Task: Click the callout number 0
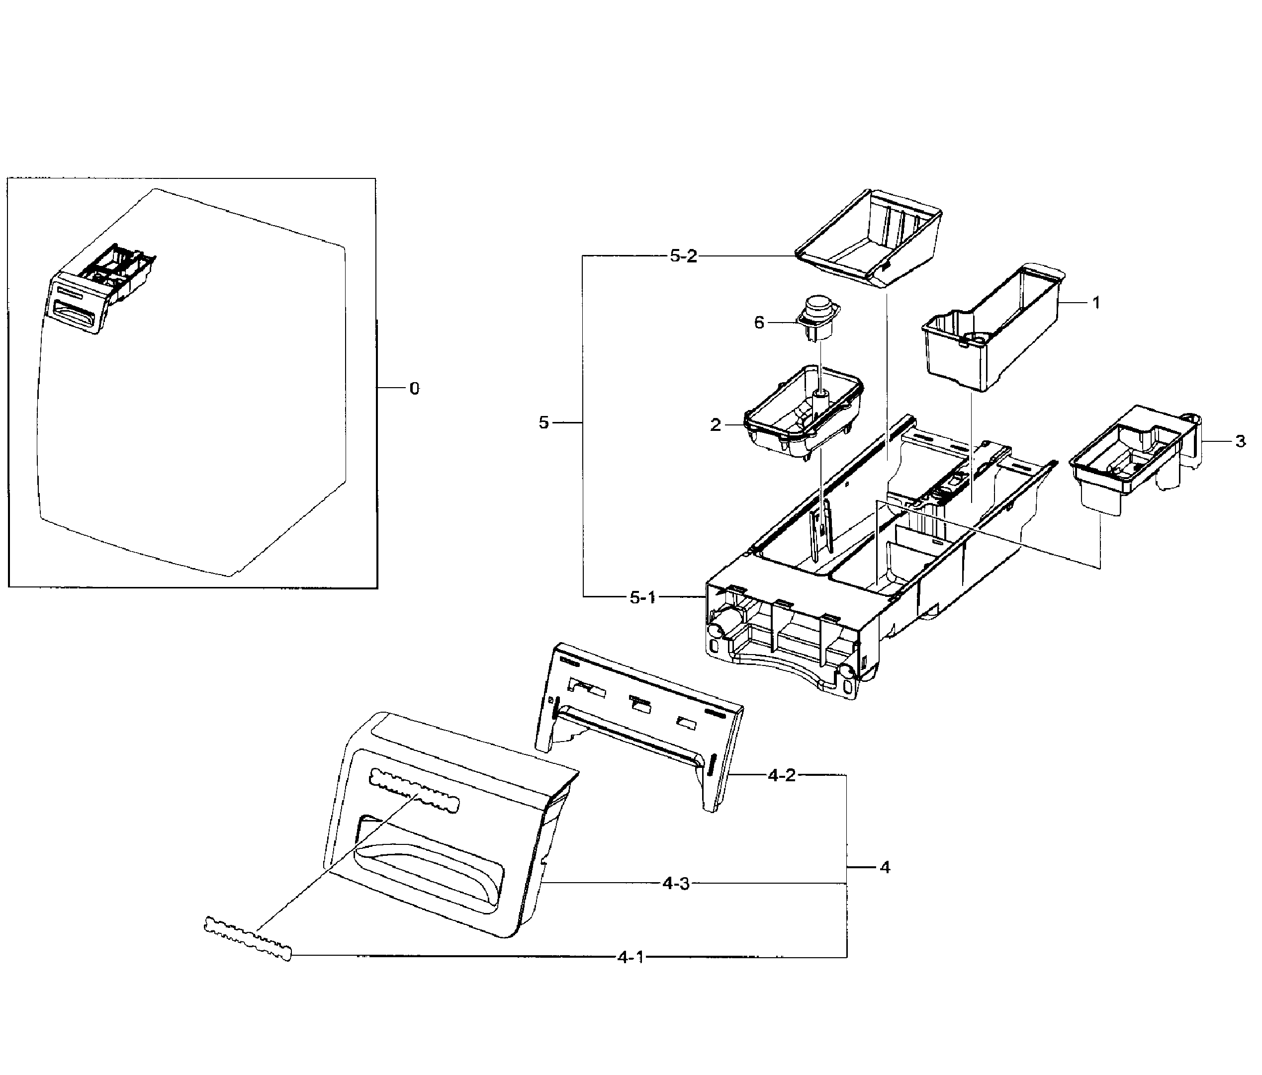[414, 388]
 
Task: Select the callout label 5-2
[683, 256]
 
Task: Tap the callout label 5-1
[642, 598]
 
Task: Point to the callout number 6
[759, 323]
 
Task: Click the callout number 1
[1096, 303]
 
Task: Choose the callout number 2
[716, 425]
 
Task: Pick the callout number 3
[1240, 441]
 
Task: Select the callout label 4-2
[782, 775]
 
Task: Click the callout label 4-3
[676, 883]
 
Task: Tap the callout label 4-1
[631, 958]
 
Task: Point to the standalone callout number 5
[543, 422]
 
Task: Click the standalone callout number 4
[885, 867]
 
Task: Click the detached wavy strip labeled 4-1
[247, 938]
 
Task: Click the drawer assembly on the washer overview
[100, 286]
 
